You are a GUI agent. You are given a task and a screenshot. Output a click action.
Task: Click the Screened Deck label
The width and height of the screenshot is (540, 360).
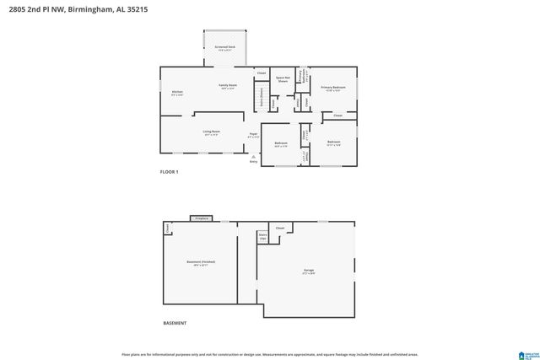pyautogui.click(x=224, y=47)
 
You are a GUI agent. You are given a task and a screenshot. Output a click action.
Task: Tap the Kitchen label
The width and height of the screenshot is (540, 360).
pyautogui.click(x=177, y=93)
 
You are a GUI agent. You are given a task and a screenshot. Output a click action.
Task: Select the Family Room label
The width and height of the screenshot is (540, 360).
pyautogui.click(x=227, y=86)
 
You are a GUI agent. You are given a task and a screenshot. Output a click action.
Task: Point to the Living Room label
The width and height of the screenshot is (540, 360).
pyautogui.click(x=211, y=132)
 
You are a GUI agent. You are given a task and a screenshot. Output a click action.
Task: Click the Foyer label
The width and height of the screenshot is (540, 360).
pyautogui.click(x=252, y=135)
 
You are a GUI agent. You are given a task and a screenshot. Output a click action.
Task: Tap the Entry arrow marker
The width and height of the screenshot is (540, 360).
pyautogui.click(x=253, y=159)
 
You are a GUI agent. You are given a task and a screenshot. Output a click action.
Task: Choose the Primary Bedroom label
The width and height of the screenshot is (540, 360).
pyautogui.click(x=332, y=89)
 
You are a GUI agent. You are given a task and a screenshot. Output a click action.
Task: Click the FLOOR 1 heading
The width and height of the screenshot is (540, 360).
pyautogui.click(x=170, y=172)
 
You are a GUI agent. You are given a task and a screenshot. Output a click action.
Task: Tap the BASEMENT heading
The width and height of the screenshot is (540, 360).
pyautogui.click(x=175, y=323)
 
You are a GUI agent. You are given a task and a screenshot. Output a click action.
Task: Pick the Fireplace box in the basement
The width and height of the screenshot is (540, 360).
pyautogui.click(x=201, y=218)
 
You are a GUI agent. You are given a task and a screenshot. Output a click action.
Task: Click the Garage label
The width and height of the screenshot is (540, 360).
pyautogui.click(x=309, y=271)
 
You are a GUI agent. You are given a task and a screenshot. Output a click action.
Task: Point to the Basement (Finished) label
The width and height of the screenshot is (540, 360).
pyautogui.click(x=200, y=263)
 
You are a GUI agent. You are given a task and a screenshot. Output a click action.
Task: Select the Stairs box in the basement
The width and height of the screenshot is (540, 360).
pyautogui.click(x=262, y=238)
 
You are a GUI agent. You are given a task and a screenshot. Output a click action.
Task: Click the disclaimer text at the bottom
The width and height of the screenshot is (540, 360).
pyautogui.click(x=269, y=354)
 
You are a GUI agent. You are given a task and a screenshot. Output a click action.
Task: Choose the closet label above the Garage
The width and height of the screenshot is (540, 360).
pyautogui.click(x=279, y=228)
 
